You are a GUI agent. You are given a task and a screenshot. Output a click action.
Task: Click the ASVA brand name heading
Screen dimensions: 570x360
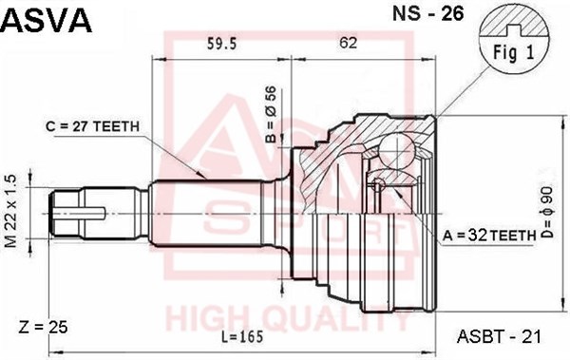(x=47, y=20)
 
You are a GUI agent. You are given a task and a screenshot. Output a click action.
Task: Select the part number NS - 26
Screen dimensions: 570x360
(x=427, y=13)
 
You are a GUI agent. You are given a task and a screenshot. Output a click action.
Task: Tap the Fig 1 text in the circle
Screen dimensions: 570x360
(x=514, y=53)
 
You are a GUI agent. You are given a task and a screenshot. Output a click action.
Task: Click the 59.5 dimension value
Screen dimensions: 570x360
(x=221, y=44)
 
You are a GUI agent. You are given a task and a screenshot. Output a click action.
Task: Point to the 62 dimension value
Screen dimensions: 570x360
(x=348, y=43)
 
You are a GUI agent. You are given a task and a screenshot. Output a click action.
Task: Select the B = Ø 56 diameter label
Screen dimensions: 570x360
(x=271, y=115)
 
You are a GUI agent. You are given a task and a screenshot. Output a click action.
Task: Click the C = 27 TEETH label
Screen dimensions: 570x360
(x=93, y=126)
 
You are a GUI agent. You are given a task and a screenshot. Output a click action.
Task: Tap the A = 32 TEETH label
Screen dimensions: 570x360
(x=489, y=236)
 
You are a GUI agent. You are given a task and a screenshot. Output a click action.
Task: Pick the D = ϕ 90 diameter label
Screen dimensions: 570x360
(x=547, y=213)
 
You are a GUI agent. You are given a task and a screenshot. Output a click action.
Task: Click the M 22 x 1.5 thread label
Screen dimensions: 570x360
(x=11, y=211)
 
